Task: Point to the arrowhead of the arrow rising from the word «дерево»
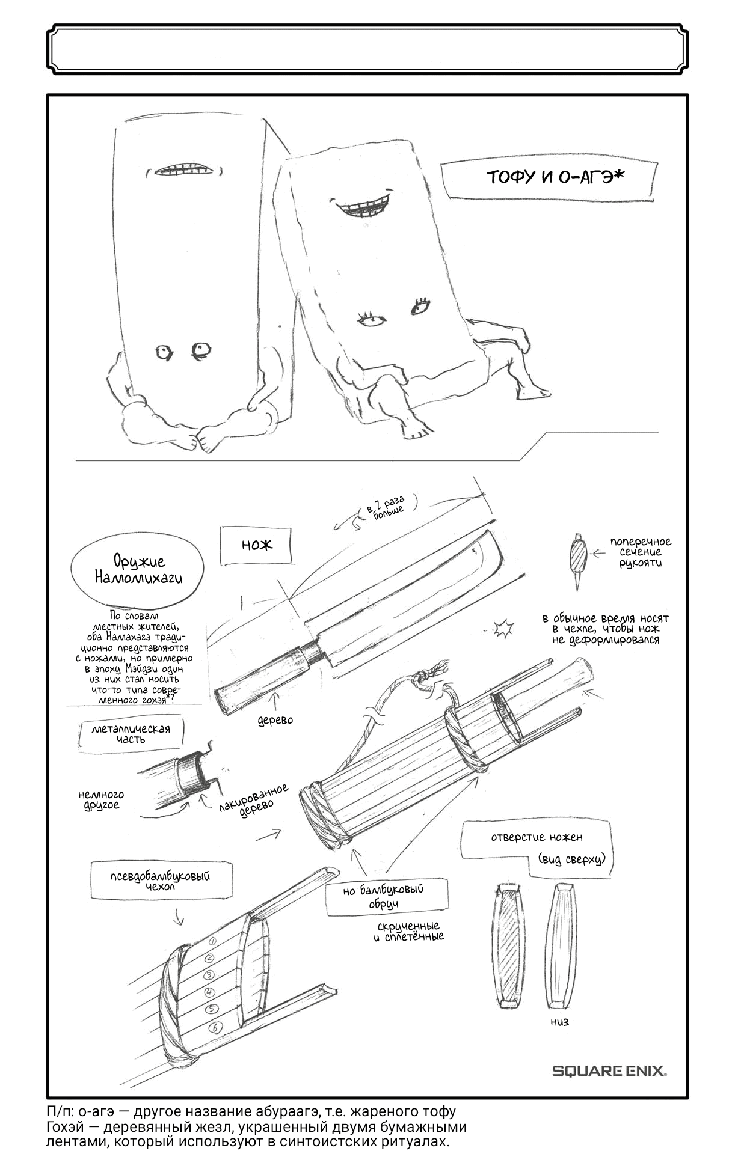point(276,695)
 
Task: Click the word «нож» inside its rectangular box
point(257,545)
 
